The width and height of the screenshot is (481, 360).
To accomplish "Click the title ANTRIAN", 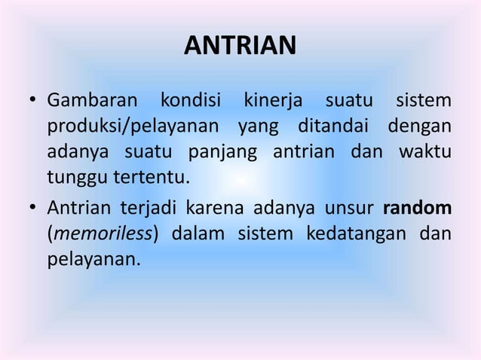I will pyautogui.click(x=240, y=47).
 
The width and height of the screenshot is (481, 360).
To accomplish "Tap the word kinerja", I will pyautogui.click(x=268, y=101).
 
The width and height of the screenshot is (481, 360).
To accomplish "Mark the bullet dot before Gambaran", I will pyautogui.click(x=34, y=102).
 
